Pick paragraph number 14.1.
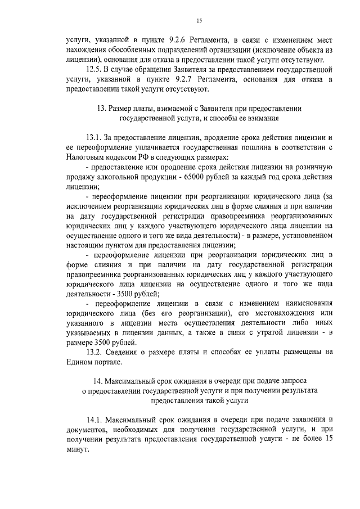tap(96, 421)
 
